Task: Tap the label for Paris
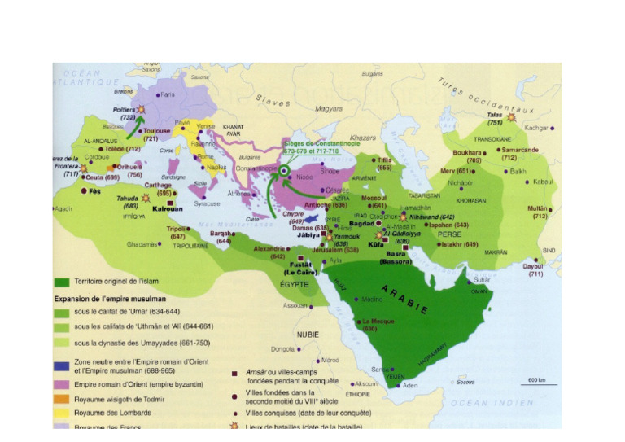pyautogui.click(x=168, y=94)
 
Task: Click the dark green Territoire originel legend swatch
pyautogui.click(x=62, y=282)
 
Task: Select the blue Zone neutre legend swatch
pyautogui.click(x=62, y=369)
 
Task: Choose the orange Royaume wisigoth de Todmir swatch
pyautogui.click(x=62, y=398)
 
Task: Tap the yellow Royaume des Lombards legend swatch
pyautogui.click(x=62, y=412)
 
